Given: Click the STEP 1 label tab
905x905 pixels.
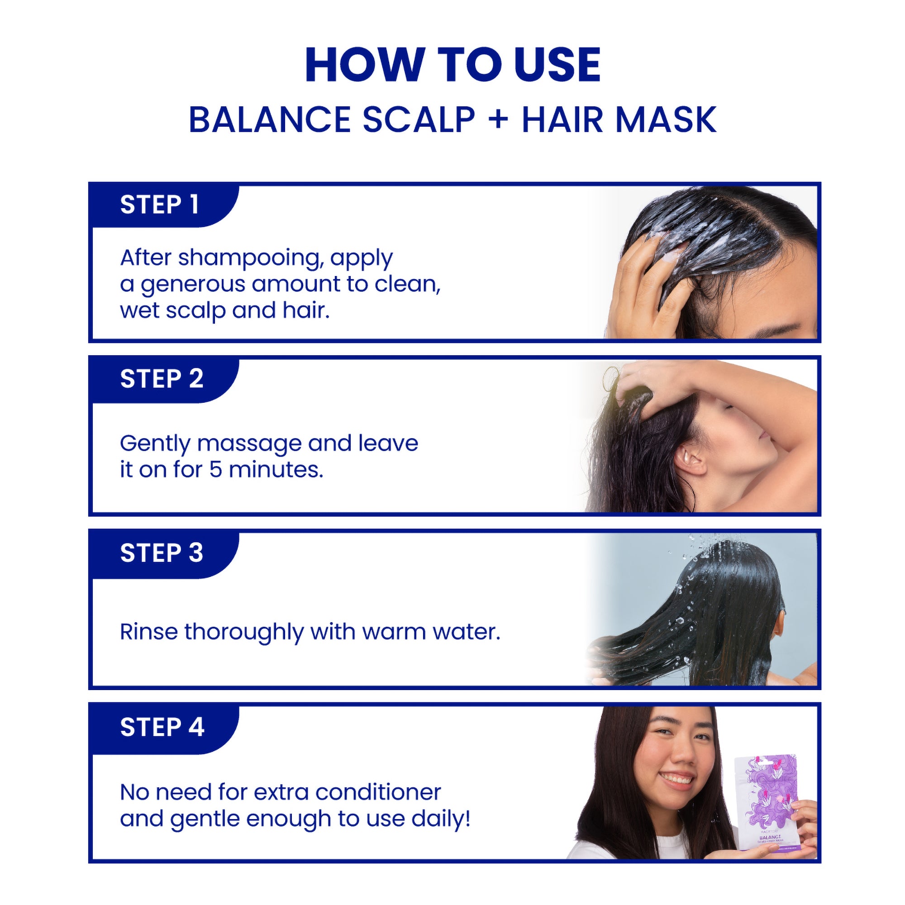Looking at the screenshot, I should click(159, 205).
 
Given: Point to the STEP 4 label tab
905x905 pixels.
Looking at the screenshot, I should click(162, 727).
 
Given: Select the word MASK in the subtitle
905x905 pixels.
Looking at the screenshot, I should click(666, 120).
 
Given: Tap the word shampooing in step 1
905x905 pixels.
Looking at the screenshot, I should click(251, 258).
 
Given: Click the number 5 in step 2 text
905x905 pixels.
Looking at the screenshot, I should click(215, 470).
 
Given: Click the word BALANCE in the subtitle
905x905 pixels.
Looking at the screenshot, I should click(269, 120).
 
